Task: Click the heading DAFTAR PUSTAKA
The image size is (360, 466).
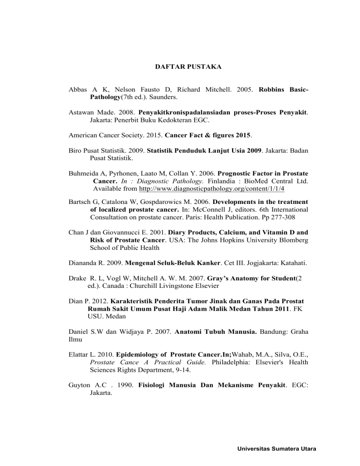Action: pos(188,68)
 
